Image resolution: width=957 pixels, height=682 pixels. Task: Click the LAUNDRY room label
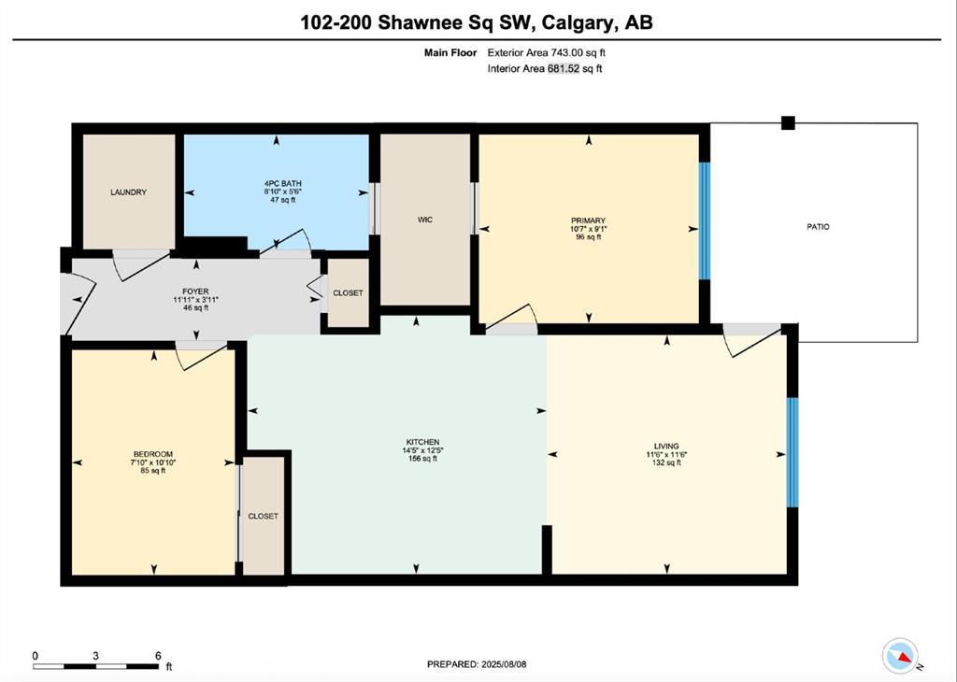point(128,192)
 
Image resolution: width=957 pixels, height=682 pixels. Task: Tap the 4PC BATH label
point(276,183)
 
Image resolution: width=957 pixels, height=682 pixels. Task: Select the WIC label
point(425,220)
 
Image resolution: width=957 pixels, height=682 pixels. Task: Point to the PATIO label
point(818,227)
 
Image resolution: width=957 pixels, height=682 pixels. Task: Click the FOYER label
point(195,291)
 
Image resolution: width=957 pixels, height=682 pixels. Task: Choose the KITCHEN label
point(422,442)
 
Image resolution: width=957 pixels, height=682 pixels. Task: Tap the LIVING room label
point(666,446)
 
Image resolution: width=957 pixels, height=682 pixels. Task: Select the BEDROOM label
point(152,454)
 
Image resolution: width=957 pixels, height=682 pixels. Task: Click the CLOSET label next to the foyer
point(348,293)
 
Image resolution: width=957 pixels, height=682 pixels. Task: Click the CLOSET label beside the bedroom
point(263,517)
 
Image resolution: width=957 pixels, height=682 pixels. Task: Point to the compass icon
point(901,655)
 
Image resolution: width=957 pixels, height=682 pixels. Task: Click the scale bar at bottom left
point(96,664)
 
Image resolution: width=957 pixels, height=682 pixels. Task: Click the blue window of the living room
point(793,453)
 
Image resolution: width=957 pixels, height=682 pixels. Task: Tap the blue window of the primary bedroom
point(705,221)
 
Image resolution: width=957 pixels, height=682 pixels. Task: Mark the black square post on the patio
point(788,122)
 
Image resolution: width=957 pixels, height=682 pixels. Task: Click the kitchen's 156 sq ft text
point(422,459)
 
